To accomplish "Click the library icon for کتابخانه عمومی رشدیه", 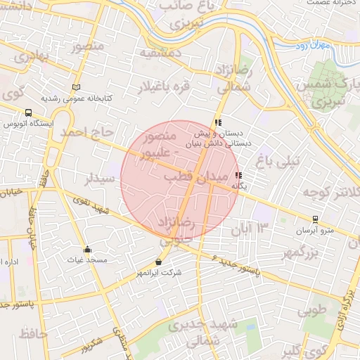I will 76,88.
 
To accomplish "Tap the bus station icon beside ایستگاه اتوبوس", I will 28,112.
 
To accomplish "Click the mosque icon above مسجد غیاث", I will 87,249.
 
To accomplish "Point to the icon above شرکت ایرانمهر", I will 159,262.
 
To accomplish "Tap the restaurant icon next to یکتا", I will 238,176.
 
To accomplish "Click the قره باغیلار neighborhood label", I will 166,87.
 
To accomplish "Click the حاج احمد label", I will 86,131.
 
